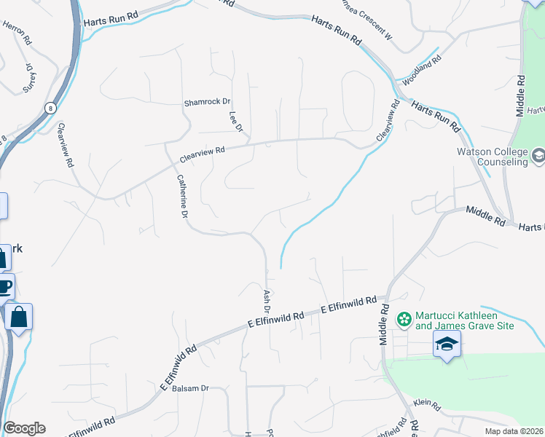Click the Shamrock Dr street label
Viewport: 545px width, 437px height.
tap(207, 102)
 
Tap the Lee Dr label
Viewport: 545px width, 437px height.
tap(235, 122)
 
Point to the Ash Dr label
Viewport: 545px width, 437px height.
tap(267, 301)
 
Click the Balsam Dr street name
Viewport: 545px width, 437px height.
tap(191, 389)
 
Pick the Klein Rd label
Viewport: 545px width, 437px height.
tap(427, 405)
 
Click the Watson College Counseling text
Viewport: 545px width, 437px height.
tap(492, 157)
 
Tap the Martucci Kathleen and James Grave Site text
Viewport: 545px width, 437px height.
tap(465, 320)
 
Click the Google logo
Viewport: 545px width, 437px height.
tap(24, 428)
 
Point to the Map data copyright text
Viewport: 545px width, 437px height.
tap(514, 431)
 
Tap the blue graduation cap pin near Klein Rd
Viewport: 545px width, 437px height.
tap(447, 344)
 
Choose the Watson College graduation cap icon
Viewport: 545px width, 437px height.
tap(538, 154)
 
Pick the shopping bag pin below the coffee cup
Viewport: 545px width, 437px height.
tap(19, 317)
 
